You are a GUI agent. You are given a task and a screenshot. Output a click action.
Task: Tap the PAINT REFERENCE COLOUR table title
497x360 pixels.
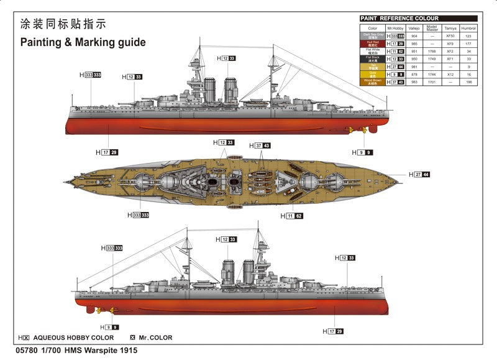pos(400,19)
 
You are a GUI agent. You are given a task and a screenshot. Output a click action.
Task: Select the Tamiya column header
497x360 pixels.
pos(450,29)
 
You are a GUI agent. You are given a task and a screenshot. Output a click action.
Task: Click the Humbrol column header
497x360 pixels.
pos(469,29)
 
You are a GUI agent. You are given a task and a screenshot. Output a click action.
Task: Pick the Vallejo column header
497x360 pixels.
pos(414,29)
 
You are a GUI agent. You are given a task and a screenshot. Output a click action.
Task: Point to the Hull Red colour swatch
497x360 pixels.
pos(372,44)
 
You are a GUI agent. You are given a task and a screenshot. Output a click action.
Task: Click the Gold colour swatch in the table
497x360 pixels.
pos(372,74)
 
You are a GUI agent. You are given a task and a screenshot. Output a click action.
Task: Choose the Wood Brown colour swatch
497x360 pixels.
pos(372,81)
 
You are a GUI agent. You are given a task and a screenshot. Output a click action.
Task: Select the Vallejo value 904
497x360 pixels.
pos(414,36)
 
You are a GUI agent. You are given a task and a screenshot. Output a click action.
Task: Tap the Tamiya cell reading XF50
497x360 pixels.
pos(450,36)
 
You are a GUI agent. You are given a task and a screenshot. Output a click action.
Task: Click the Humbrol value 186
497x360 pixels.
pos(469,81)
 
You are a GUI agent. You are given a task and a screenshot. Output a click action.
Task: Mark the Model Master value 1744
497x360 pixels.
pos(432,74)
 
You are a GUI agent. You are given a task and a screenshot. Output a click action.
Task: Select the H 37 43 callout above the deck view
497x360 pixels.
pos(260,145)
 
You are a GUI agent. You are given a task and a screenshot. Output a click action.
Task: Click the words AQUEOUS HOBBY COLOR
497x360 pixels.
pos(73,338)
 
